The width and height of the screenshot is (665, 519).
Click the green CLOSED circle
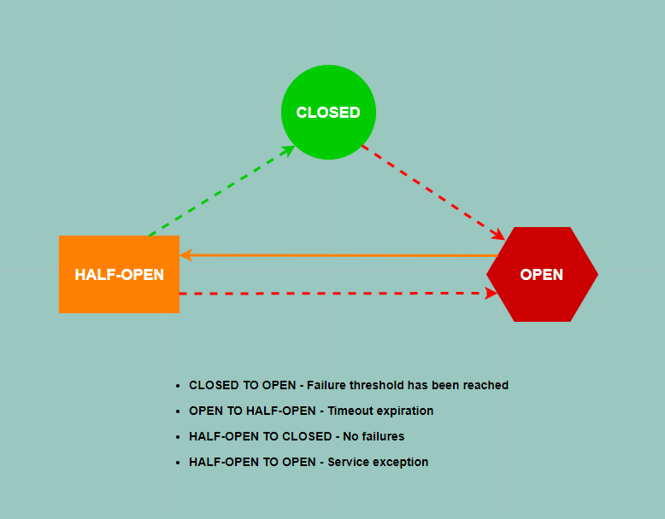point(328,113)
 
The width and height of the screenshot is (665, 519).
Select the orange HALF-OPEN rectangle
point(119,274)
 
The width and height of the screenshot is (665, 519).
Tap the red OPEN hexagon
point(542,274)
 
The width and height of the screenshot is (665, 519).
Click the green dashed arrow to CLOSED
point(221,190)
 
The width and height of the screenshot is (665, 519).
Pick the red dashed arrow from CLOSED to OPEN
point(433,193)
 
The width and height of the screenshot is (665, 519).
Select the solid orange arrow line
point(338,255)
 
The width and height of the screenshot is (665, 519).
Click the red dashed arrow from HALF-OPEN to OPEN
point(338,293)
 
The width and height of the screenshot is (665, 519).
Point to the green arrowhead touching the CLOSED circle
point(289,150)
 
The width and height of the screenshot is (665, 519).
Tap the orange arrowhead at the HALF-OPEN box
point(186,255)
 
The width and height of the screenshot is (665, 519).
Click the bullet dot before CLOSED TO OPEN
point(178,386)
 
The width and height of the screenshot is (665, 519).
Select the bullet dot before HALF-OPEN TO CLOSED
point(178,437)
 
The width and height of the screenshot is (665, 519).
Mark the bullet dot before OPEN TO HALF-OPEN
point(178,411)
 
